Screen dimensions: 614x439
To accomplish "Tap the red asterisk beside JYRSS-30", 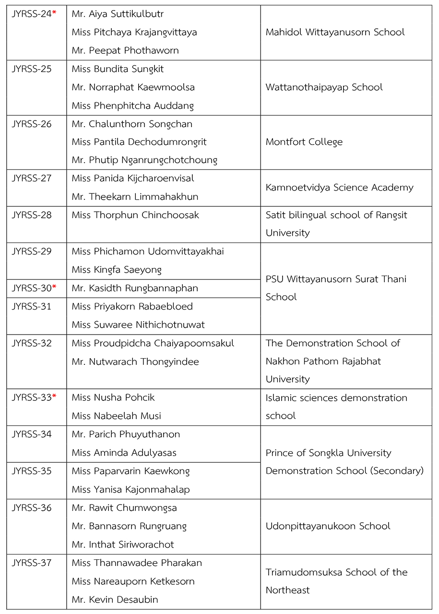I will tap(54, 288).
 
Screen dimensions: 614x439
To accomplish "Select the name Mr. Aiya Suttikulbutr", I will tap(118, 14).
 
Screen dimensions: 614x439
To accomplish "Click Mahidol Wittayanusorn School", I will tap(335, 32).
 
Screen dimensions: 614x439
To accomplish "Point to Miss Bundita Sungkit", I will tap(118, 69).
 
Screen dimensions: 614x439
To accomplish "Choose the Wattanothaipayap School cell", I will tap(324, 87).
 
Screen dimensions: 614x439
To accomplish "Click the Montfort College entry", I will tap(304, 142).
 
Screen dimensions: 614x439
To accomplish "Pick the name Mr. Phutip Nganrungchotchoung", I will tap(144, 160).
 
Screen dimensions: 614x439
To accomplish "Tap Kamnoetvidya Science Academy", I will tap(339, 188).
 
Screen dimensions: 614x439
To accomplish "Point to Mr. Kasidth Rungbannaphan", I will tap(135, 289).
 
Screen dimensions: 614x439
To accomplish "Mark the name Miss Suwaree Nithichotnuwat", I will tap(138, 325).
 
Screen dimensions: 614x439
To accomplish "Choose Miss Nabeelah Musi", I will tap(117, 416).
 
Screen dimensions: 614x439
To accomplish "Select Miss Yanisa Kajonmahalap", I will tap(131, 490).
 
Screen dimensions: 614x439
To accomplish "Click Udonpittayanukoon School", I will tap(328, 526).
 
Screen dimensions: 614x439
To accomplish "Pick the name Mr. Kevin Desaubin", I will tap(115, 600).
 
